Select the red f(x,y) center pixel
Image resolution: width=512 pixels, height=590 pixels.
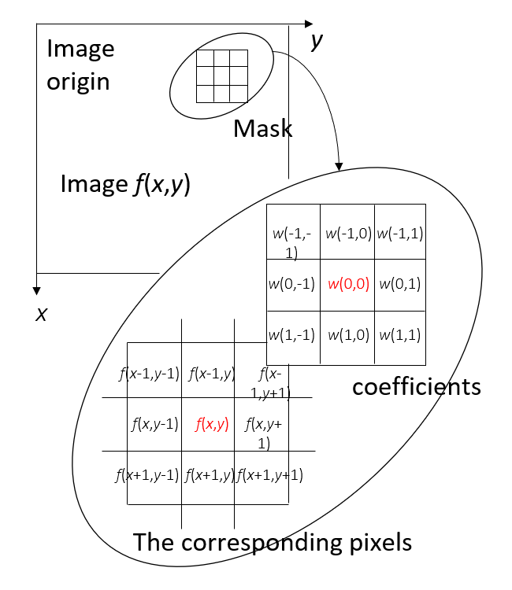[212, 425]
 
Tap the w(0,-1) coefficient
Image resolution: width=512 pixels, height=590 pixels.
[292, 284]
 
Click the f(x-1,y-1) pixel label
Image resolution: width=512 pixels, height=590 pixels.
[150, 374]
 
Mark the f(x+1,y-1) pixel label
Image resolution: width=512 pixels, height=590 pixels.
[147, 474]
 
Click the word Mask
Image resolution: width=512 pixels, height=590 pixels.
[263, 128]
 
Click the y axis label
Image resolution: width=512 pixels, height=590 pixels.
[317, 42]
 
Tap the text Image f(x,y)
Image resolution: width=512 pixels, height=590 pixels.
[126, 185]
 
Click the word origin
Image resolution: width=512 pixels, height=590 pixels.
[78, 82]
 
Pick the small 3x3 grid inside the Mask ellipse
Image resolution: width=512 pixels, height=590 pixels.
[221, 76]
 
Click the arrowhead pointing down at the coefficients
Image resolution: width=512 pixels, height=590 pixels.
[339, 166]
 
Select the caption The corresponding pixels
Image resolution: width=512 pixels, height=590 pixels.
[273, 543]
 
